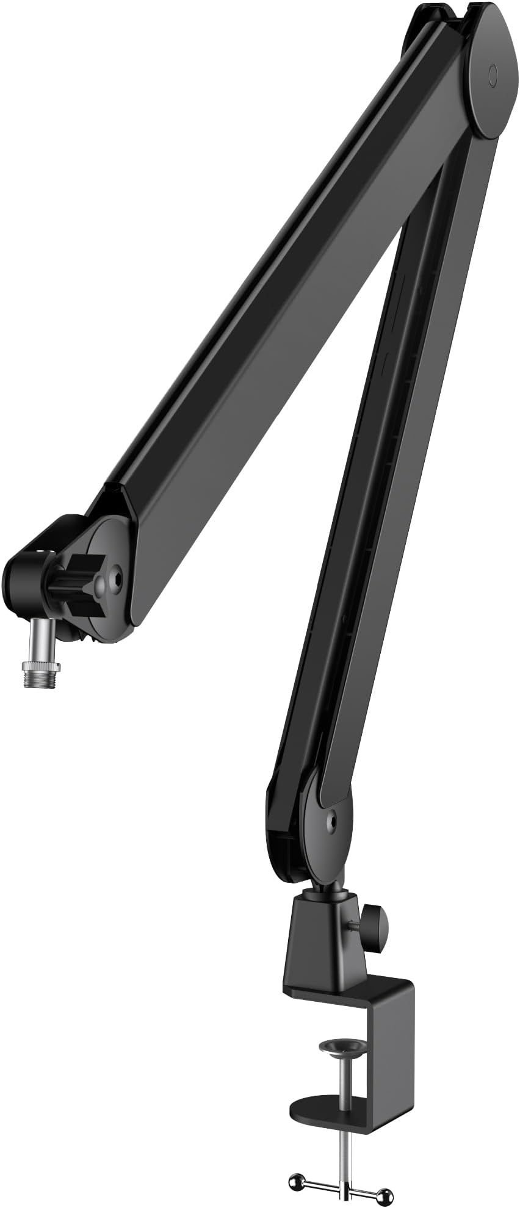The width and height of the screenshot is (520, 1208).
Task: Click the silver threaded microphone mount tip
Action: pyautogui.click(x=42, y=677)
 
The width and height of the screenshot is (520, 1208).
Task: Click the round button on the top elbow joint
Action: pyautogui.click(x=493, y=75)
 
